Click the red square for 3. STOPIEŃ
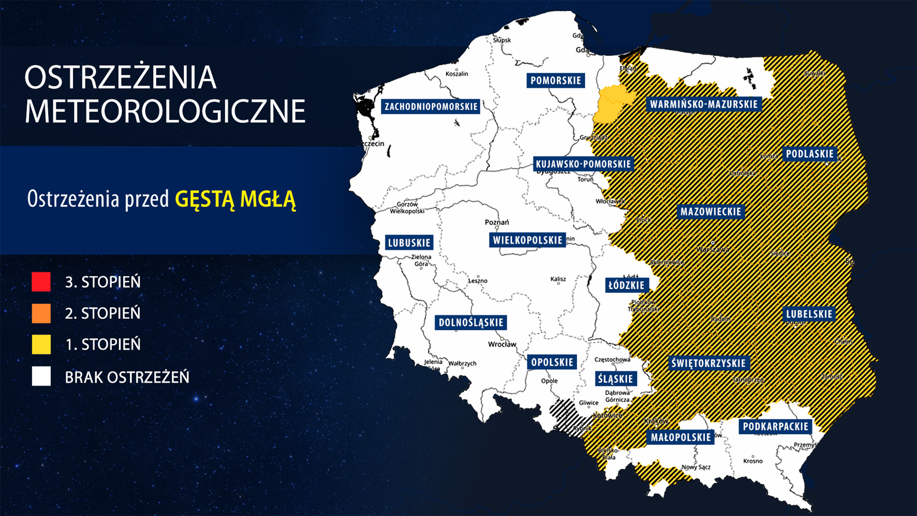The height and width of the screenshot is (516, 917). tap(41, 282)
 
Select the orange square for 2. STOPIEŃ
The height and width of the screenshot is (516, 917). tap(41, 313)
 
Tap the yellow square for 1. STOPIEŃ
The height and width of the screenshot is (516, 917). tap(41, 344)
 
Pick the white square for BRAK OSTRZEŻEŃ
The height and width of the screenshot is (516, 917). tap(41, 376)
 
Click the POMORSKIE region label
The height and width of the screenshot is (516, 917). tap(555, 80)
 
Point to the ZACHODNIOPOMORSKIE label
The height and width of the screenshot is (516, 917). tap(431, 106)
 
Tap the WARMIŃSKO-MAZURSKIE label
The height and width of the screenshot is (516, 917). tap(704, 104)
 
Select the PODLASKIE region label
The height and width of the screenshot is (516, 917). tap(810, 154)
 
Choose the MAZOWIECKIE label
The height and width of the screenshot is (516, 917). tap(710, 212)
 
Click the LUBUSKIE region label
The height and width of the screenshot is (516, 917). tap(409, 243)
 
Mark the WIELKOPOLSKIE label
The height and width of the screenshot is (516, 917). tap(527, 240)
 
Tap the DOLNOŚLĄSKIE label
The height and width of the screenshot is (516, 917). tap(470, 323)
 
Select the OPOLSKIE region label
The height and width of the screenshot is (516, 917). tap(552, 362)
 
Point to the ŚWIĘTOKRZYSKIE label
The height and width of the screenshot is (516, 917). tap(708, 363)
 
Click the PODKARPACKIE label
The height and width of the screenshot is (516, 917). tap(775, 426)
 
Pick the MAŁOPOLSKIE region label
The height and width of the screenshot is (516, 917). tap(680, 437)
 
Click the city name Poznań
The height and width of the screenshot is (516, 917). tap(497, 222)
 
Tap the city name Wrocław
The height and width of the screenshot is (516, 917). tap(502, 344)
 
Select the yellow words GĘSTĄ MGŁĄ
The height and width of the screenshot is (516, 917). tap(235, 199)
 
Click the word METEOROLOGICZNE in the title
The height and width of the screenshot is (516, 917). tap(165, 111)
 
